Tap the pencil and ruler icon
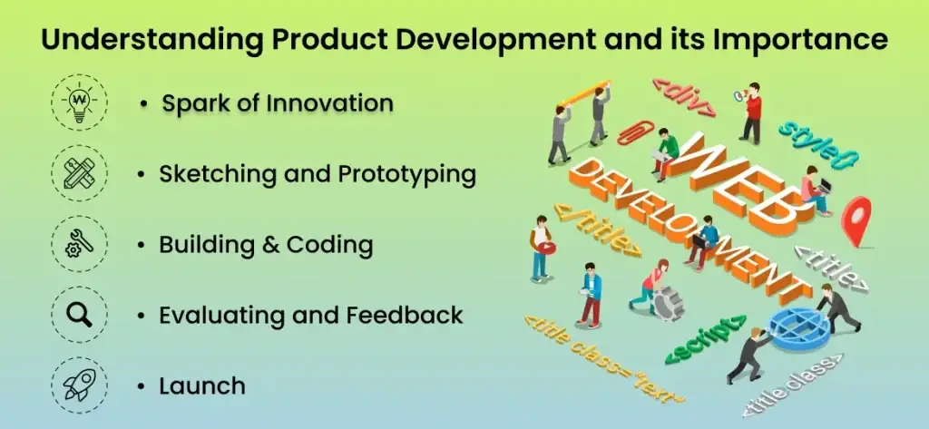pos(80,173)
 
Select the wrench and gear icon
pos(80,244)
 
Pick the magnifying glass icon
pos(80,314)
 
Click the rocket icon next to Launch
pos(80,385)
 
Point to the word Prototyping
pos(407,175)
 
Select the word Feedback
pos(405,315)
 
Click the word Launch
pos(202,385)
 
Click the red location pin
pos(857,220)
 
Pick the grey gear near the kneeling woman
pos(669,303)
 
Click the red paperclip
pos(635,132)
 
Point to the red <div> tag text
pos(684,98)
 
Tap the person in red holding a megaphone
pos(751,112)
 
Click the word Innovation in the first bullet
pos(329,103)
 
